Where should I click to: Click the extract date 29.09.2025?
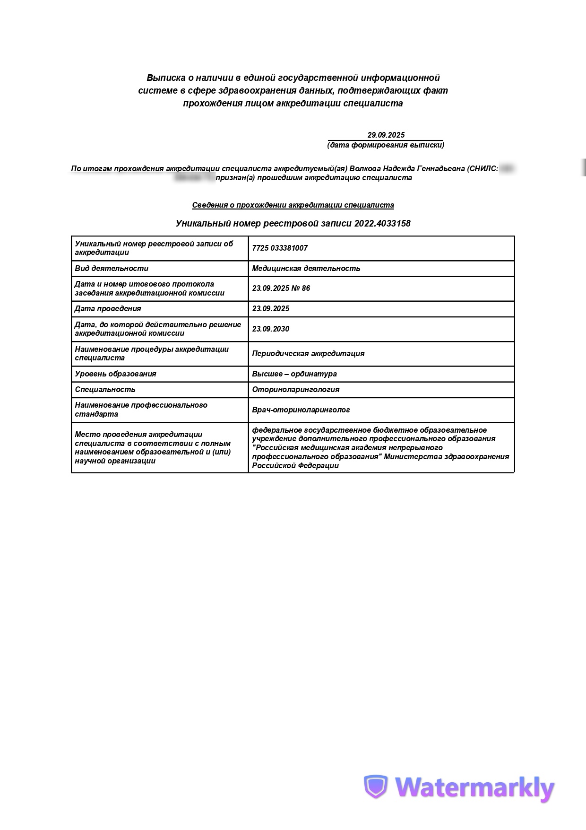(386, 135)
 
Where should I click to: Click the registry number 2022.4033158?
(382, 223)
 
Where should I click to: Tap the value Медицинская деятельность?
(306, 268)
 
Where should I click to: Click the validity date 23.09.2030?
(270, 329)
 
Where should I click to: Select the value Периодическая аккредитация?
(308, 353)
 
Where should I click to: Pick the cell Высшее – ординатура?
(294, 374)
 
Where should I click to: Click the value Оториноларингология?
(295, 389)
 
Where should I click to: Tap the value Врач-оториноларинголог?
(301, 410)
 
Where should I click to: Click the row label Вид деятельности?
(112, 268)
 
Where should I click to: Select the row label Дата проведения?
(108, 308)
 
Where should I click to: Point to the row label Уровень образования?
(115, 374)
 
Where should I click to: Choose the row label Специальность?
(105, 389)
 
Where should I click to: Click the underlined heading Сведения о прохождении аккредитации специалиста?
(293, 205)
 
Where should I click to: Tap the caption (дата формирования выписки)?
(386, 145)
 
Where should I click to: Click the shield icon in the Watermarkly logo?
(375, 786)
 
